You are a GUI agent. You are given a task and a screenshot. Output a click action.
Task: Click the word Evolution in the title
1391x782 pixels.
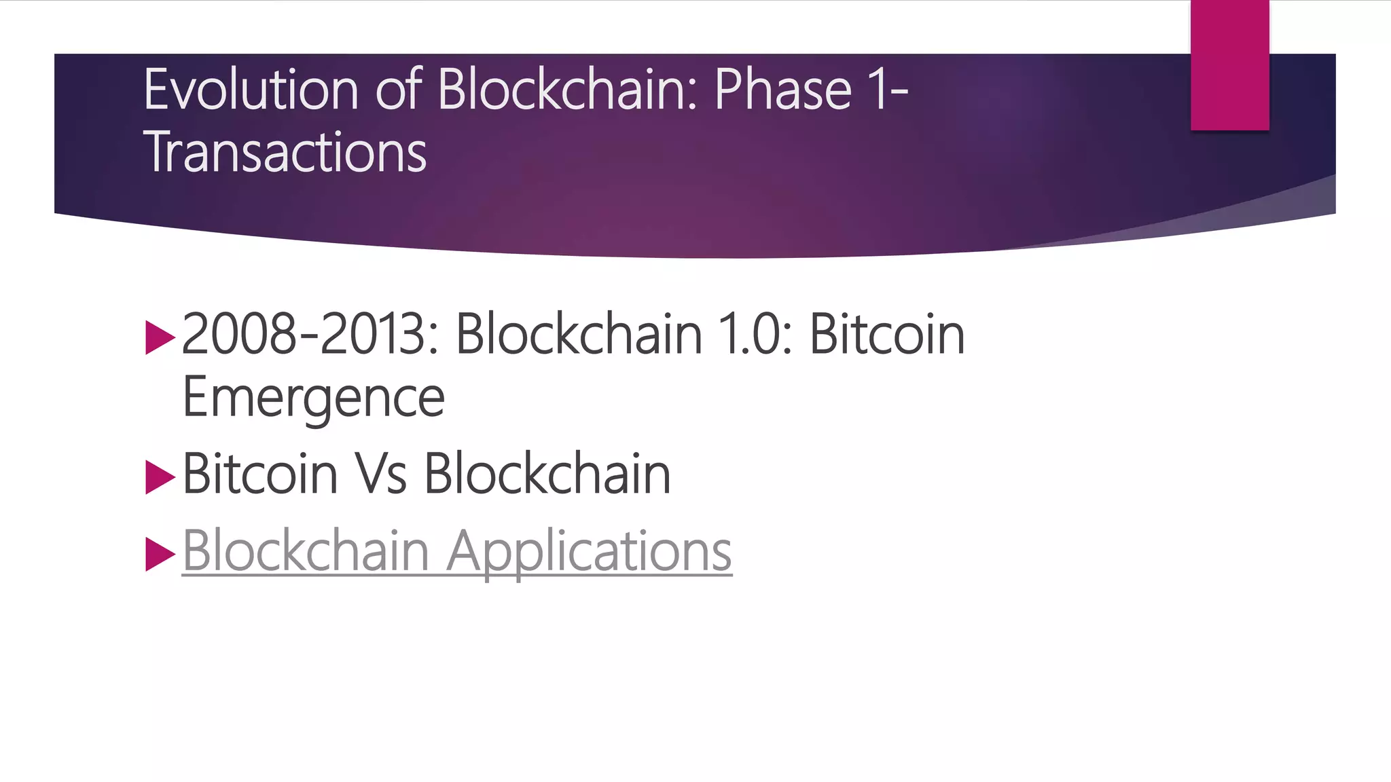(x=251, y=90)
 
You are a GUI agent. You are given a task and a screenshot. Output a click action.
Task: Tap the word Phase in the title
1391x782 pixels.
(x=782, y=90)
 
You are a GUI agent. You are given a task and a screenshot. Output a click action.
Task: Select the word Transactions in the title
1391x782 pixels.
(x=285, y=152)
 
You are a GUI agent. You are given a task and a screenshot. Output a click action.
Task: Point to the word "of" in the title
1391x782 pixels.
(x=399, y=90)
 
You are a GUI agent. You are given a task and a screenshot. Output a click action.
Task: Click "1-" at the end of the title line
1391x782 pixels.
(x=890, y=90)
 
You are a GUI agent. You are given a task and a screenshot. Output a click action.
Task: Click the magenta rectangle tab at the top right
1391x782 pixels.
(x=1229, y=65)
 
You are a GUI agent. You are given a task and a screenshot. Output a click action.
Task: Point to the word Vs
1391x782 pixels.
(x=382, y=474)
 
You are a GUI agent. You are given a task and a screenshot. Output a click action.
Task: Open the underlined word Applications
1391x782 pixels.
(x=590, y=551)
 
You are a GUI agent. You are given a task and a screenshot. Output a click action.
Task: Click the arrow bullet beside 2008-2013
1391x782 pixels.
(x=160, y=338)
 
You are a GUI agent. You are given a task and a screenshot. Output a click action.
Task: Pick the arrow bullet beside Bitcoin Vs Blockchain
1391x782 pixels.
(x=160, y=477)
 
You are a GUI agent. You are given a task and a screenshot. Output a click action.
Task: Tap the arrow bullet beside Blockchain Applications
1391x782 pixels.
(x=160, y=554)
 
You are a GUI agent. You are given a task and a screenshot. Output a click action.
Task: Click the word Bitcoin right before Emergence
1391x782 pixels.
(x=887, y=334)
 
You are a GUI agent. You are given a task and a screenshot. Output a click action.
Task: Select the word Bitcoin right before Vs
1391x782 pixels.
(x=260, y=474)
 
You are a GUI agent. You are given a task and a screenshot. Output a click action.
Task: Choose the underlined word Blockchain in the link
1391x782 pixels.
(x=306, y=551)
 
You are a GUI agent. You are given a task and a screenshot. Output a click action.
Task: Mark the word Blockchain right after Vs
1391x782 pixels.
(x=547, y=474)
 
